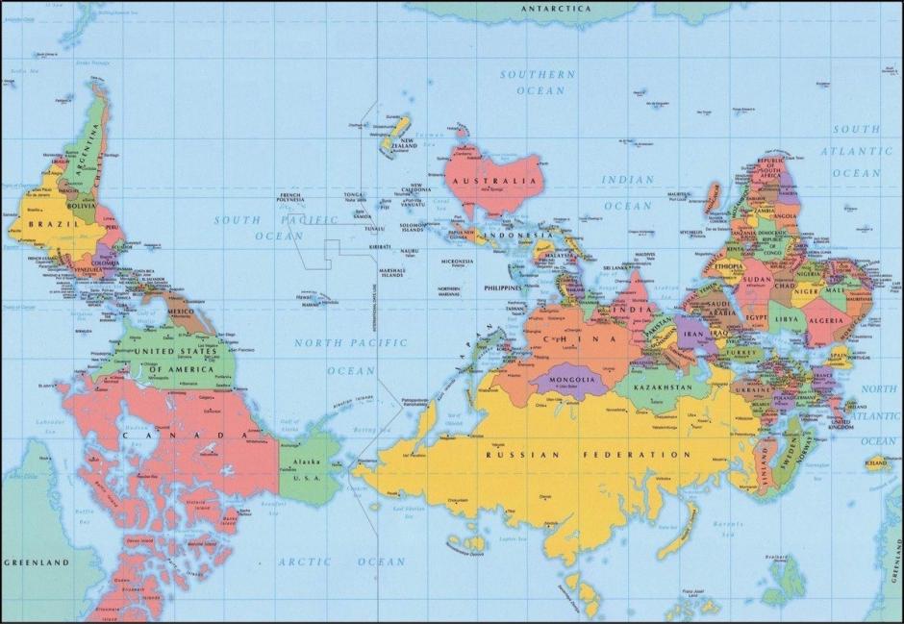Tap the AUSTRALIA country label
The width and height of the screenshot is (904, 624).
coord(496,181)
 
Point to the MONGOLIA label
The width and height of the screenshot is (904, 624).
coord(572,380)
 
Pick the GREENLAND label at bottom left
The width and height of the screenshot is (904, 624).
coord(37,561)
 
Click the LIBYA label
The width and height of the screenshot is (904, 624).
coord(786,316)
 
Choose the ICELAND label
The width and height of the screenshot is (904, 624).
coord(876,462)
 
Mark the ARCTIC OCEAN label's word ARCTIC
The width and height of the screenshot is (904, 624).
coord(305,562)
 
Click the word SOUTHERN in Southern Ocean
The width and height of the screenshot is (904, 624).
coord(538,74)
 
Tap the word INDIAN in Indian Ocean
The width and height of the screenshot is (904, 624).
coord(628,180)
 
